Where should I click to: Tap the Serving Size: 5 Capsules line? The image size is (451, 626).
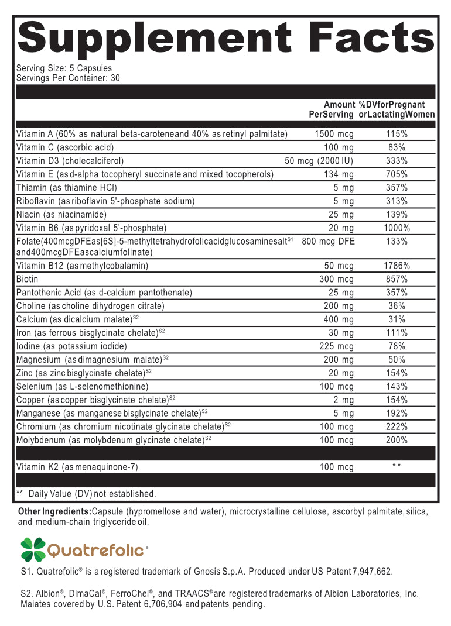64,68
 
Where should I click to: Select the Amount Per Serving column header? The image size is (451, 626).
332,109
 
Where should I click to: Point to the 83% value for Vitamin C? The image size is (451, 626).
397,147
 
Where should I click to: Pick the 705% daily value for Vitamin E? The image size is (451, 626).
397,174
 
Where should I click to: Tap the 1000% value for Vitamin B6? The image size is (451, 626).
397,228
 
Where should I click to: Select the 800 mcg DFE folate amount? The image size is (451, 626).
329,241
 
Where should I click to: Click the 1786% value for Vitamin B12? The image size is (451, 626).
397,266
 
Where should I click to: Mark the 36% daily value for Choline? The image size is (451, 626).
397,306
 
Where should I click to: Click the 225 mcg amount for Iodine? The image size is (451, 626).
337,346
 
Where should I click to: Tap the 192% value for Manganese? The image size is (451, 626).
397,413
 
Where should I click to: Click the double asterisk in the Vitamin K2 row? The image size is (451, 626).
397,466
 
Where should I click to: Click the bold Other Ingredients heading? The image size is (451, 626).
54,512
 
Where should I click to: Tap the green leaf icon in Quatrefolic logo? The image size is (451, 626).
33,549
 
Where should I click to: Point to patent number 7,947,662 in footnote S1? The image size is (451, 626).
368,572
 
